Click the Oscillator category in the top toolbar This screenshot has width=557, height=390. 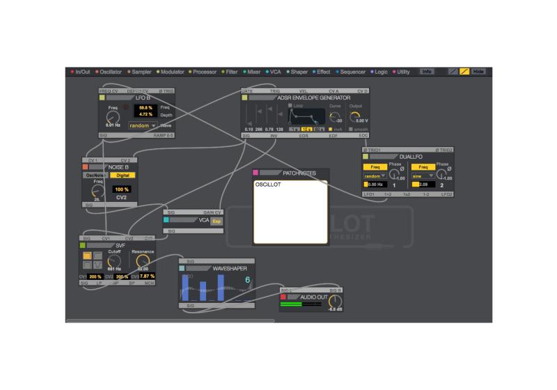pyautogui.click(x=111, y=72)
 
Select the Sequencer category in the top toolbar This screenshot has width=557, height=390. pyautogui.click(x=353, y=72)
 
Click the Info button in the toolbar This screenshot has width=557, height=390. pyautogui.click(x=427, y=72)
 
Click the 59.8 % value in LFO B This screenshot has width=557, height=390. pyautogui.click(x=145, y=107)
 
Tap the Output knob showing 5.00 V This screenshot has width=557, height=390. pyautogui.click(x=356, y=117)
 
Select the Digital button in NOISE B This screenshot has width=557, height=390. pyautogui.click(x=123, y=175)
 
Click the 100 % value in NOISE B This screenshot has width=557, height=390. pyautogui.click(x=122, y=189)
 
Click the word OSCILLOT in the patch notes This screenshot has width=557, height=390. pyautogui.click(x=267, y=185)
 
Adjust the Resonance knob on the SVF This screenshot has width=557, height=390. pyautogui.click(x=143, y=262)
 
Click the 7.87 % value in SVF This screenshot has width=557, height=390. pyautogui.click(x=146, y=276)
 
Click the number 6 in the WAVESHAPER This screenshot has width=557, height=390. pyautogui.click(x=246, y=280)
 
